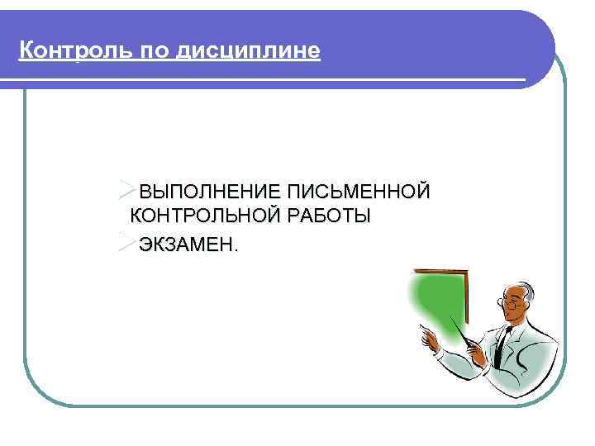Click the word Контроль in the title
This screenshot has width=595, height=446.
63,52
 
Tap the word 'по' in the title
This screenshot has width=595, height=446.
131,52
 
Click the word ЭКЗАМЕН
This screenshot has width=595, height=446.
187,244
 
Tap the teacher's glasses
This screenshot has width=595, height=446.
513,303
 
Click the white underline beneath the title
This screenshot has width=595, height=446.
264,80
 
